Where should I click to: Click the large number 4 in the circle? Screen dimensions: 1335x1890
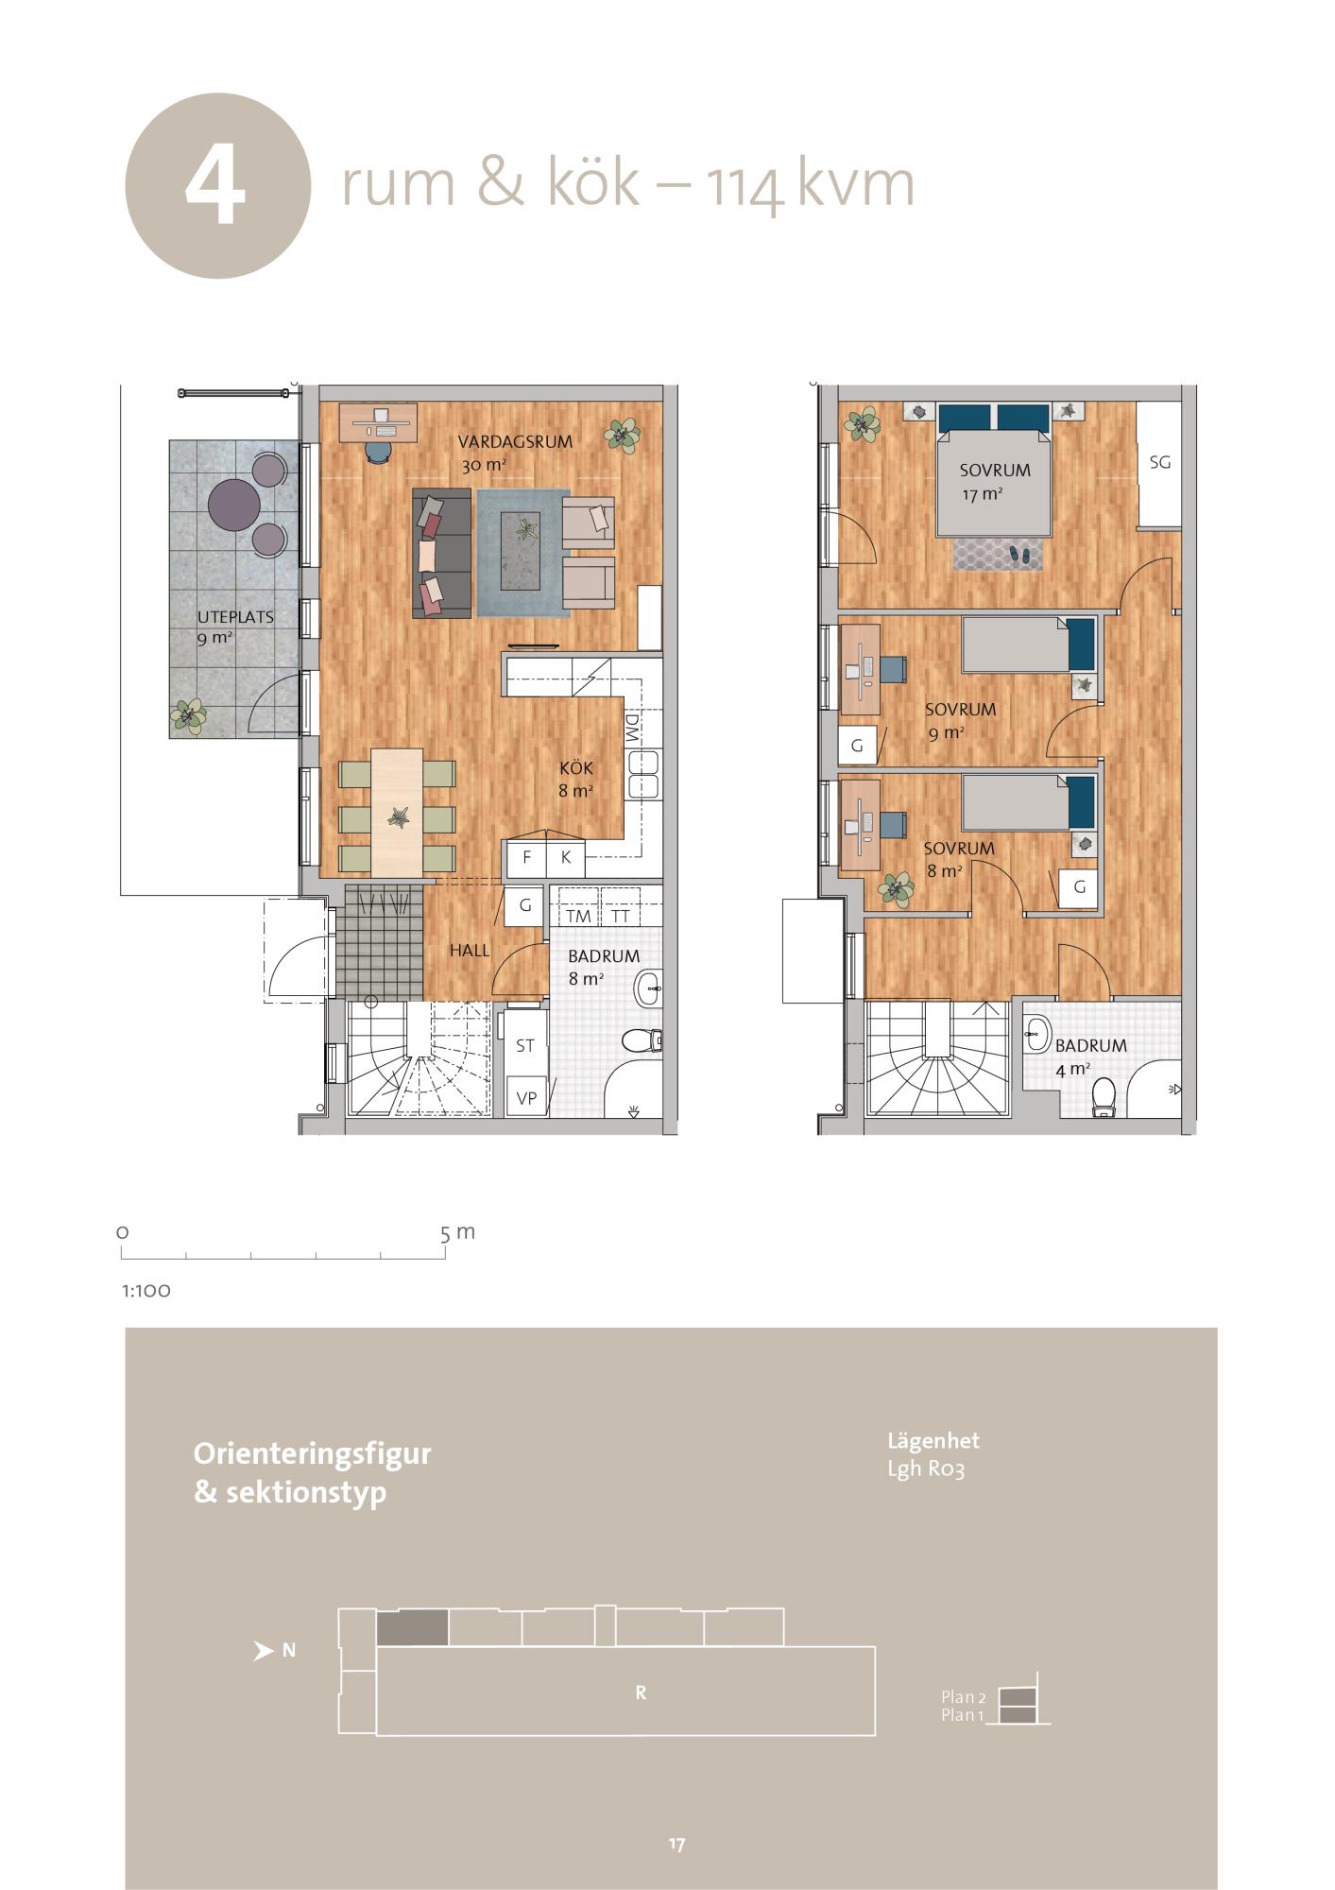[x=216, y=186]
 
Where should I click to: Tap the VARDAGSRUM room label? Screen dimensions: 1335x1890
[x=515, y=441]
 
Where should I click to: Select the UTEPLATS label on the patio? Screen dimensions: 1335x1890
[x=235, y=617]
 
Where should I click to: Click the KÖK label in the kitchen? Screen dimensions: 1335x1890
[x=576, y=768]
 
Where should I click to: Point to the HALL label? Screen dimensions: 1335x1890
[x=470, y=951]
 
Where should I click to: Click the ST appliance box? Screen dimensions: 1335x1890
[x=525, y=1046]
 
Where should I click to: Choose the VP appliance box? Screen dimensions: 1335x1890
[x=527, y=1098]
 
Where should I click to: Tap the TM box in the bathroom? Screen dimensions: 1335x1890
[x=578, y=916]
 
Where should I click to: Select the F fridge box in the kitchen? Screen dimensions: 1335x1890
[x=527, y=858]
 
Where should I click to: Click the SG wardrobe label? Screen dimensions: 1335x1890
[x=1160, y=462]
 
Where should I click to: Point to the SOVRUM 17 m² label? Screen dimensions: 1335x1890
[x=995, y=480]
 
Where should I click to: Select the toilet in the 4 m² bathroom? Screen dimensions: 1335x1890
[x=1102, y=1099]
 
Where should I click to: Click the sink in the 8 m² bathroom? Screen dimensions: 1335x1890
[x=649, y=989]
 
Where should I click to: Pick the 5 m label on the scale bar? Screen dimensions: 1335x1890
[x=457, y=1232]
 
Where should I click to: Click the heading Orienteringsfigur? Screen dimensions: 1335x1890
[x=312, y=1453]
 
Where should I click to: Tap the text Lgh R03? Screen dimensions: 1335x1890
[x=926, y=1469]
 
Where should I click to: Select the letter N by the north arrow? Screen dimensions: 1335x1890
[x=289, y=1651]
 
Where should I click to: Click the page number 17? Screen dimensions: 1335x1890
[x=676, y=1844]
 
